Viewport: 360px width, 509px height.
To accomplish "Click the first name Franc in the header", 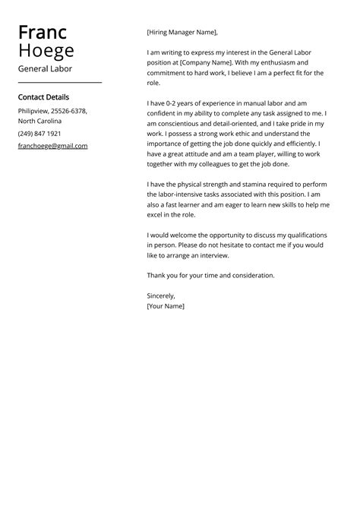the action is (42, 33).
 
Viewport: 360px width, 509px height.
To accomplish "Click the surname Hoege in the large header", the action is (46, 51).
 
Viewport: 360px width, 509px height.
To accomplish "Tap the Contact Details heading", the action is (43, 97).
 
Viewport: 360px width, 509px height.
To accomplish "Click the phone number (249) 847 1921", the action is (39, 133).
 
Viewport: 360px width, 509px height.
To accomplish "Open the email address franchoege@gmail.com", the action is (52, 146).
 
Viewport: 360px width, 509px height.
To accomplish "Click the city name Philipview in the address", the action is (33, 111).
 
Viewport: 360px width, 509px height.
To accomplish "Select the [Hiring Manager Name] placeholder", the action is (182, 33).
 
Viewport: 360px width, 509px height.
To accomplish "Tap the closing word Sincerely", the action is (161, 295).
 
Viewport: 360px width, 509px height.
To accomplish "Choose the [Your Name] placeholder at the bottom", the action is (165, 305).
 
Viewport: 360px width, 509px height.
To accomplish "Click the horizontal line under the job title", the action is (59, 82).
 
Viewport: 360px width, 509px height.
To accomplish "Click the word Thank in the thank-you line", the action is (157, 275).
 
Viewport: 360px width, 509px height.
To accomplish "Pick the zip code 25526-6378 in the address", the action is (69, 111).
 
